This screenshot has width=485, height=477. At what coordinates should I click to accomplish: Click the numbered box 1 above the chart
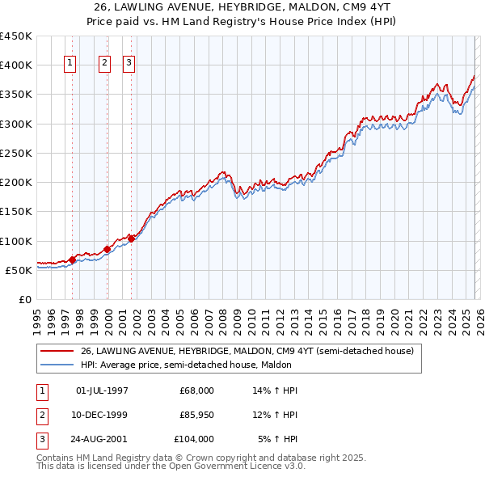pyautogui.click(x=70, y=65)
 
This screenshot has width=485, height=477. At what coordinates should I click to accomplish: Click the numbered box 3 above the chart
pyautogui.click(x=129, y=65)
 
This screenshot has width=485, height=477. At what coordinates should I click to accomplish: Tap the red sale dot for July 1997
pyautogui.click(x=72, y=260)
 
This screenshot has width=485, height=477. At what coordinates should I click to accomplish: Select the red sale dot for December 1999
pyautogui.click(x=108, y=249)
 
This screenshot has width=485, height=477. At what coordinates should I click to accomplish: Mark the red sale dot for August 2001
pyautogui.click(x=131, y=238)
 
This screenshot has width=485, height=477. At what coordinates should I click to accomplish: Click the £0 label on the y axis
pyautogui.click(x=24, y=299)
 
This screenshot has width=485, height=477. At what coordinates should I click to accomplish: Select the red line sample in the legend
pyautogui.click(x=57, y=351)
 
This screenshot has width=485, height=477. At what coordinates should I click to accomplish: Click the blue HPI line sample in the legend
pyautogui.click(x=57, y=365)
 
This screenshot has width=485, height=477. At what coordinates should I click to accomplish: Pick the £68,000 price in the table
pyautogui.click(x=196, y=390)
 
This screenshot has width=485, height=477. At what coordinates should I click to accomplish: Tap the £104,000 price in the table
pyautogui.click(x=194, y=439)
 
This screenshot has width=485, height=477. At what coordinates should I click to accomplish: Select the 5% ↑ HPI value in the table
pyautogui.click(x=277, y=439)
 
